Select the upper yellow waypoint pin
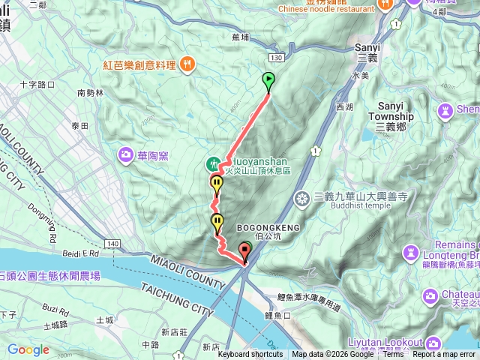pyautogui.click(x=217, y=183)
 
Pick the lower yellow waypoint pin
pyautogui.click(x=217, y=221)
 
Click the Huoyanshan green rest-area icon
pyautogui.click(x=213, y=163)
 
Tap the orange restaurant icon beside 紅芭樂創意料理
pyautogui.click(x=187, y=65)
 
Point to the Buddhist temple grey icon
pyautogui.click(x=302, y=198)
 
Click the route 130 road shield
pyautogui.click(x=277, y=58)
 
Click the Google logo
pyautogui.click(x=28, y=349)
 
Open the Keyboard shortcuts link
pyautogui.click(x=250, y=354)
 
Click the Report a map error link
pyautogui.click(x=444, y=354)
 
